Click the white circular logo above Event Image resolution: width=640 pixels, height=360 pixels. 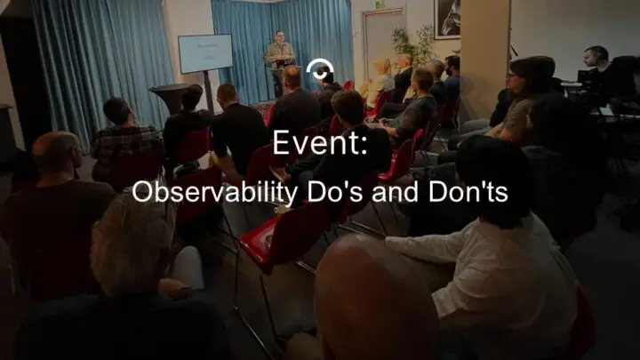318,71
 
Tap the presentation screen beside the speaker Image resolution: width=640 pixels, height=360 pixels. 204,54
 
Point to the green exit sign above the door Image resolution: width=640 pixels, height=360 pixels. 380,4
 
